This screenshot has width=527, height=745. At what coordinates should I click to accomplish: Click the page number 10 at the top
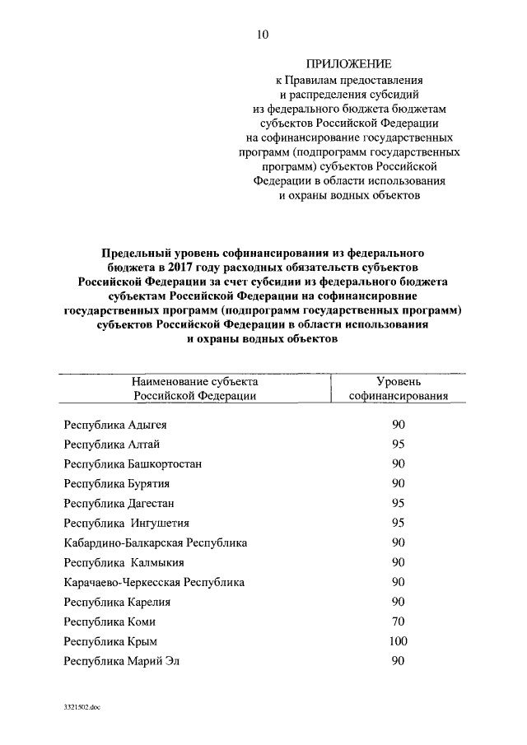(263, 34)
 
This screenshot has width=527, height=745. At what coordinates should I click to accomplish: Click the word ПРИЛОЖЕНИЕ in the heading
(348, 63)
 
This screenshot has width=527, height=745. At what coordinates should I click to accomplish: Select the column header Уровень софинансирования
(399, 389)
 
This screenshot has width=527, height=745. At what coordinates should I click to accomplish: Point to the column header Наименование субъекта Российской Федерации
(195, 389)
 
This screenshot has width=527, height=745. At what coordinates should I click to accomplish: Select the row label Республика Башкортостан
(133, 463)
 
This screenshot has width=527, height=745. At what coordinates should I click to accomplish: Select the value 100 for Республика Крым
(399, 640)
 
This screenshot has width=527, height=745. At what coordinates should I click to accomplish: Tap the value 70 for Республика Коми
(399, 622)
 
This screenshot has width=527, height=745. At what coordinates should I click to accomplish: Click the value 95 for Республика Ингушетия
(399, 523)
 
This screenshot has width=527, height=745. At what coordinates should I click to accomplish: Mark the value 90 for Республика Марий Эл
(399, 660)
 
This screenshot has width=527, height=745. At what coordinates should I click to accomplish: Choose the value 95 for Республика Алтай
(399, 445)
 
